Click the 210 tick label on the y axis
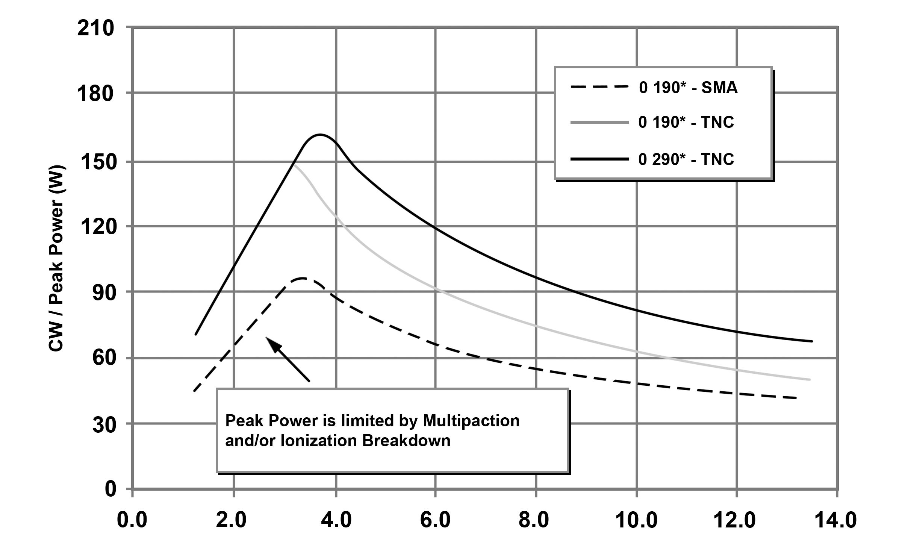click(95, 29)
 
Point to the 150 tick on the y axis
click(95, 162)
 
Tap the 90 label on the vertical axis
click(103, 293)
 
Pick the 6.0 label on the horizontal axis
click(435, 521)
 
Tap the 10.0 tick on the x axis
click(636, 521)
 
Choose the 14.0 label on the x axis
click(835, 521)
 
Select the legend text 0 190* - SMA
click(688, 88)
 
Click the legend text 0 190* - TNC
click(686, 123)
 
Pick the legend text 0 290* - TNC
click(686, 159)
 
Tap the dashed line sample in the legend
click(599, 87)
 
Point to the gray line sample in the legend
click(599, 122)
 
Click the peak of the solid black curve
click(319, 135)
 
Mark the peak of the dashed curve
click(303, 279)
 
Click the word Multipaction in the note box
click(471, 421)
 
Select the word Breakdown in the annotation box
click(406, 441)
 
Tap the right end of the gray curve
click(809, 380)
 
